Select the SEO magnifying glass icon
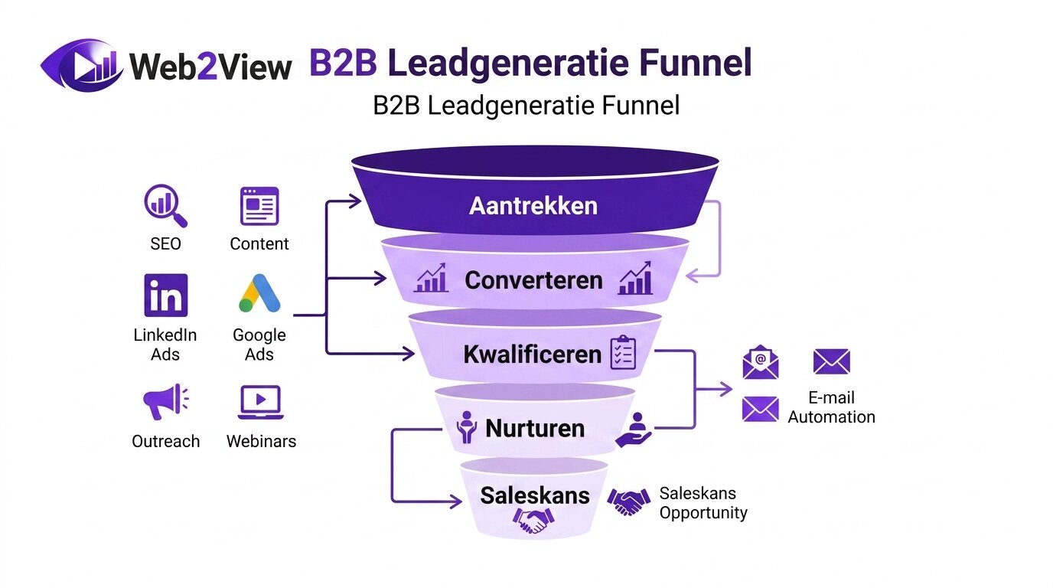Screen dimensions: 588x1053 (x=165, y=207)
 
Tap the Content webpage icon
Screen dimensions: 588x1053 (x=259, y=206)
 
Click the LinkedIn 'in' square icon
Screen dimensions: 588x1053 (x=165, y=296)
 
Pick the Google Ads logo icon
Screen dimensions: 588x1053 (x=259, y=294)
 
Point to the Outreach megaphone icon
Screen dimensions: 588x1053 (x=165, y=401)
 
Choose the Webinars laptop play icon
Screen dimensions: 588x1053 (x=260, y=402)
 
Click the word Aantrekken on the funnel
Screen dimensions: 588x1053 (x=533, y=206)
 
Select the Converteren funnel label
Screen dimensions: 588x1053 (x=533, y=280)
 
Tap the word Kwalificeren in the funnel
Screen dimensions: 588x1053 (x=532, y=354)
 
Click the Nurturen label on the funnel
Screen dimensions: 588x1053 (x=535, y=428)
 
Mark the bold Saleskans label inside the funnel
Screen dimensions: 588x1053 (x=535, y=495)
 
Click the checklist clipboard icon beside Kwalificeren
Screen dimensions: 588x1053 (x=623, y=353)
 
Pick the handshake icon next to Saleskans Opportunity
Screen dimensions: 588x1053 (x=628, y=502)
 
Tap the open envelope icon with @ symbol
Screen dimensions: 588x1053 (x=760, y=363)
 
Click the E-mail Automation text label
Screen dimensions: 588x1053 (x=831, y=407)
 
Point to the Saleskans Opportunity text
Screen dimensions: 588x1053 (x=703, y=503)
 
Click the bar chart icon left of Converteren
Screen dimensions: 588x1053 (x=431, y=280)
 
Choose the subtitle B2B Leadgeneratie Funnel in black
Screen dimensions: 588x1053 (x=526, y=105)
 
